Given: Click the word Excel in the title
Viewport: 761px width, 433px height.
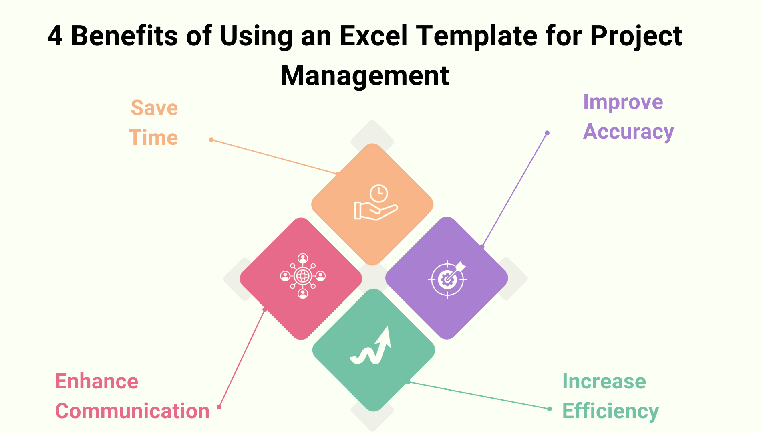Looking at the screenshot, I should click(x=373, y=36).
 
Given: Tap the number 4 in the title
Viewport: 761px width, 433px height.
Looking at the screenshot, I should click(x=55, y=36).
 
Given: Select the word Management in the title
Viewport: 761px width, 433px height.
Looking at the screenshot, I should click(x=364, y=75).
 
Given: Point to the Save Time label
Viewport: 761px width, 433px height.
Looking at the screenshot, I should click(x=154, y=123).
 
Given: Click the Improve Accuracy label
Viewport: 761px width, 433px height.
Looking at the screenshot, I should click(x=628, y=117).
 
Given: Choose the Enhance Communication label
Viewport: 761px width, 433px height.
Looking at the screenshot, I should click(x=132, y=396).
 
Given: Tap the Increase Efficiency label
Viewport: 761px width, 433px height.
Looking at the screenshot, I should click(x=610, y=396).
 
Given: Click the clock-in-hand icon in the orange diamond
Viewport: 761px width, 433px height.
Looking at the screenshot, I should click(x=375, y=202).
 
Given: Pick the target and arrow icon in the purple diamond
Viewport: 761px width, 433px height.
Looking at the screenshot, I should click(x=447, y=279).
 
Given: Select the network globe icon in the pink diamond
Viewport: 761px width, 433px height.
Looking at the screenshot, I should click(x=303, y=276).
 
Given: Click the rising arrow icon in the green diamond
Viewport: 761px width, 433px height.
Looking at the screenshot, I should click(x=371, y=346).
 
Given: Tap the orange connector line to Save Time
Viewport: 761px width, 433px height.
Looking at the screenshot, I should click(x=274, y=157).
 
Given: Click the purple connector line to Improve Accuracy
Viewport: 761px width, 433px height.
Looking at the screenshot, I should click(x=515, y=189).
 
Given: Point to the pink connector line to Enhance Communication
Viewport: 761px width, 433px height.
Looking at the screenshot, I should click(x=242, y=358).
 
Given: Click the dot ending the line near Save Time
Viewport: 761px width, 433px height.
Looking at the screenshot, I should click(x=211, y=140).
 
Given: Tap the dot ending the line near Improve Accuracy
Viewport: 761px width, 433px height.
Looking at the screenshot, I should click(x=547, y=133).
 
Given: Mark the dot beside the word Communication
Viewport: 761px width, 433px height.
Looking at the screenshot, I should click(x=219, y=407).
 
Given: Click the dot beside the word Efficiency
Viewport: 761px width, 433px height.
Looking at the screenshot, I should click(x=550, y=409).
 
